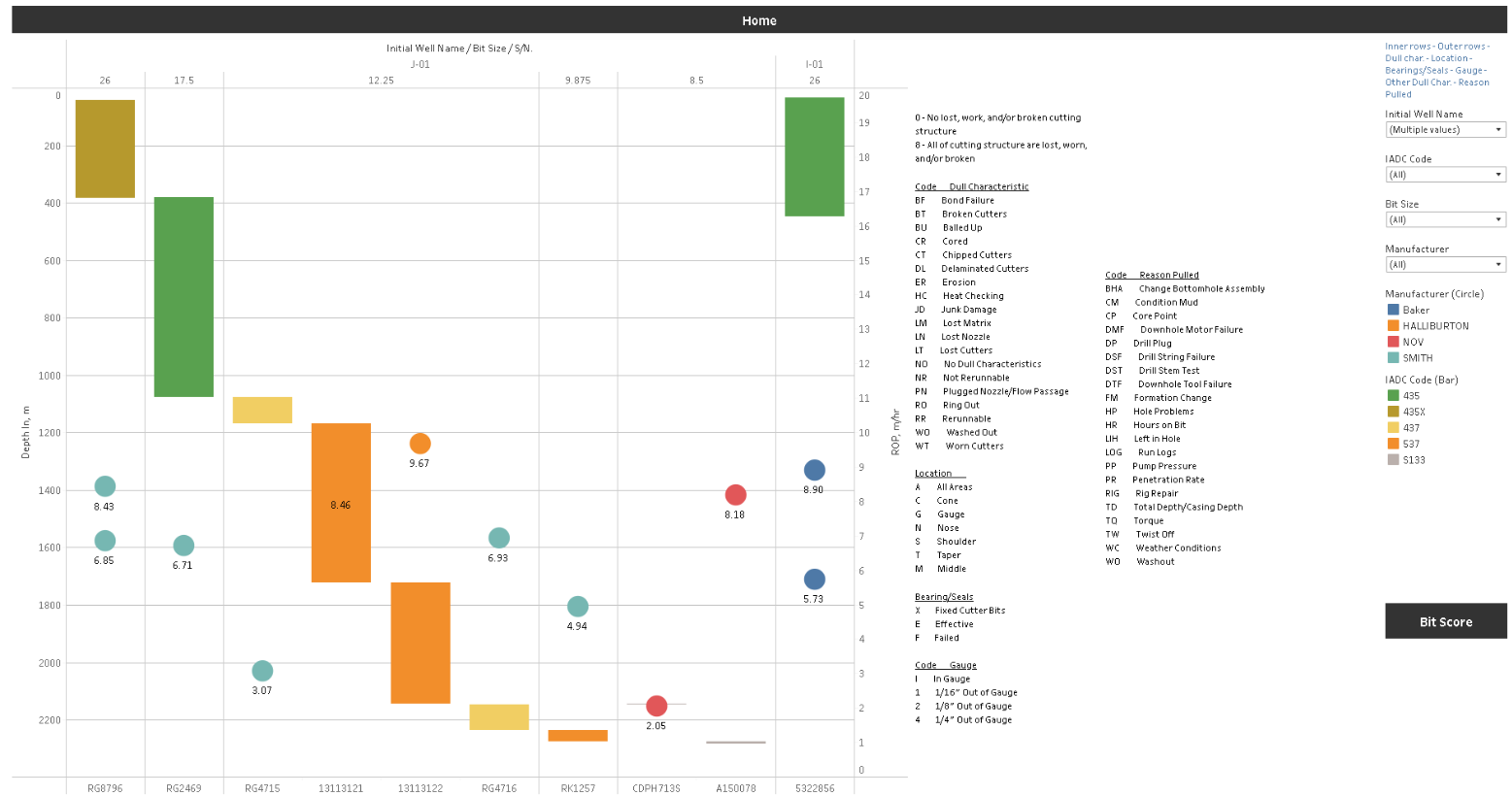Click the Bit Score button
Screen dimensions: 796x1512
pyautogui.click(x=1445, y=621)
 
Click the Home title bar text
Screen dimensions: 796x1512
pyautogui.click(x=758, y=20)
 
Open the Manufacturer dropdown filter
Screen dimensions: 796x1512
pyautogui.click(x=1445, y=264)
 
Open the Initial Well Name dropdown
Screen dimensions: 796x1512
pyautogui.click(x=1445, y=129)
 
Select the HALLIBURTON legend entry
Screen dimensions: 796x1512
pyautogui.click(x=1434, y=326)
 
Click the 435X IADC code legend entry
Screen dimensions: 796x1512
pyautogui.click(x=1413, y=412)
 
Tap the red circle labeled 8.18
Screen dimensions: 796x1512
pyautogui.click(x=735, y=495)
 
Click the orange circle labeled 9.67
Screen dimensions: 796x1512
pyautogui.click(x=420, y=444)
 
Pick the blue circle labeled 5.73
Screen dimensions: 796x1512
pyautogui.click(x=814, y=580)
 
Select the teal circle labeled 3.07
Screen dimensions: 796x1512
pyautogui.click(x=262, y=671)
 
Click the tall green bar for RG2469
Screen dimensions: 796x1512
pyautogui.click(x=184, y=296)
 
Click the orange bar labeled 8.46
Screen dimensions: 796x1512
pyautogui.click(x=341, y=502)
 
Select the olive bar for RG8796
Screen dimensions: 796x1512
pyautogui.click(x=105, y=149)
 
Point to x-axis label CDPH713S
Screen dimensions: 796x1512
pyautogui.click(x=655, y=788)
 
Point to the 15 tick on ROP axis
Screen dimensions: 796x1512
pyautogui.click(x=863, y=261)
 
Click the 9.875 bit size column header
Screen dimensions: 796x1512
pyautogui.click(x=578, y=81)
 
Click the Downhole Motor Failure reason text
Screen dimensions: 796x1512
pyautogui.click(x=1191, y=330)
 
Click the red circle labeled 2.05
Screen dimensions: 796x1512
pyautogui.click(x=656, y=706)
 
